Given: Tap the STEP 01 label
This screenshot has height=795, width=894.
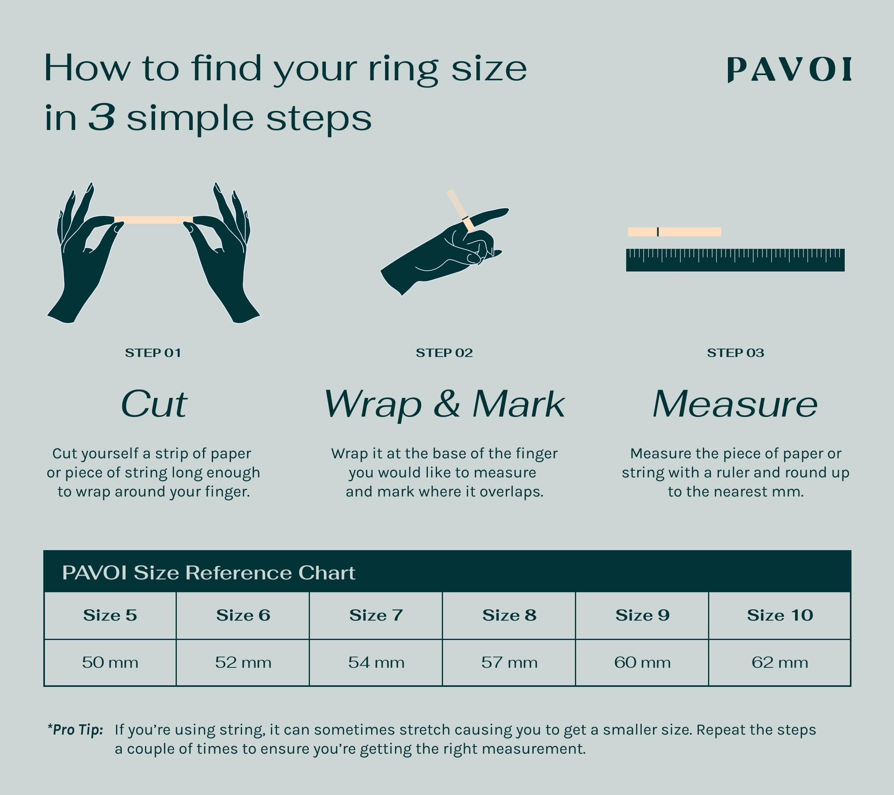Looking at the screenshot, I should pos(153,353).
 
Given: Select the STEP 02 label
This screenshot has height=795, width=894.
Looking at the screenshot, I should pos(444,353).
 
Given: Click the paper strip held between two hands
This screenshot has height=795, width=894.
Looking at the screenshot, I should pos(153,220).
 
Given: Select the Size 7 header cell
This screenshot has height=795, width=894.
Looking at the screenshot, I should pos(376,616).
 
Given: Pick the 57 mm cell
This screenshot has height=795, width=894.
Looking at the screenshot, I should pos(509,662).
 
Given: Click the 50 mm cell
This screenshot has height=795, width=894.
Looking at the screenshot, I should pos(110,662).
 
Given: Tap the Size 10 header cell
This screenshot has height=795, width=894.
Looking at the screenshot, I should pos(780,616).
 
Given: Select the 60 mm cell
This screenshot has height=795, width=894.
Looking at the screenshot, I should pos(642,662).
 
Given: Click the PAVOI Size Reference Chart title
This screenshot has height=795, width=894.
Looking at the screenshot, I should pos(209,573).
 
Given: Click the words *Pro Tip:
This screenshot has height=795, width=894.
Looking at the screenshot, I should pos(75,730).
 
